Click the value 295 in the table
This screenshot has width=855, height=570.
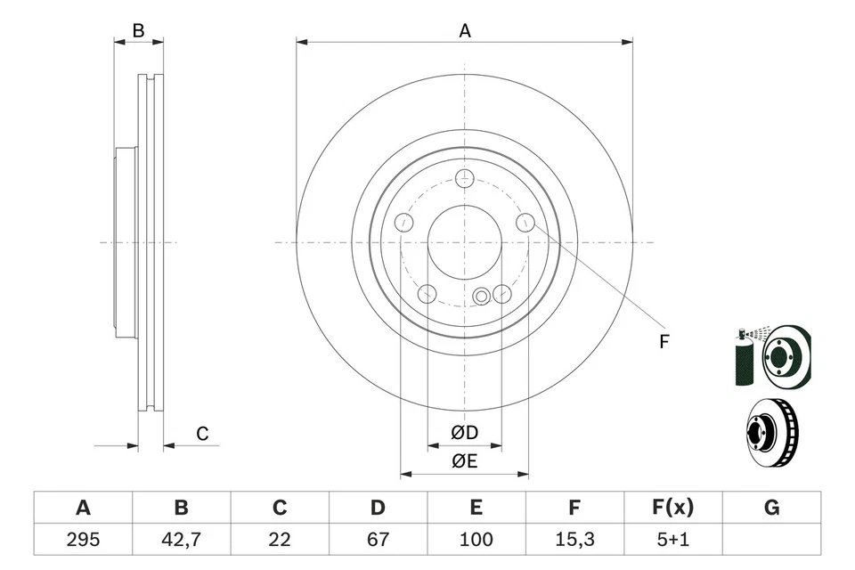(x=83, y=540)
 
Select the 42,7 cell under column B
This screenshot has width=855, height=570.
(x=181, y=540)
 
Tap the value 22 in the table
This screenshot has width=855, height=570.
(x=280, y=540)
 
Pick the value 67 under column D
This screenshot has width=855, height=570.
(x=378, y=540)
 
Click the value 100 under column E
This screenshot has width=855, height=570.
(x=476, y=540)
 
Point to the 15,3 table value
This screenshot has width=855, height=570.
(x=574, y=540)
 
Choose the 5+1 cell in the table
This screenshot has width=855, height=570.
(x=672, y=540)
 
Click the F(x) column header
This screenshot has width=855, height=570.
(x=672, y=508)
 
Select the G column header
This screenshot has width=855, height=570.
(x=771, y=508)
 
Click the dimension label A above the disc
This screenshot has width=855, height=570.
(x=464, y=30)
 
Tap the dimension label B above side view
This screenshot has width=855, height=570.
(x=138, y=30)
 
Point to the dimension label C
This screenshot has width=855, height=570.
(x=202, y=434)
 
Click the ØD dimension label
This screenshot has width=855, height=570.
(x=464, y=433)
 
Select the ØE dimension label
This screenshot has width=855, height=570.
(x=464, y=460)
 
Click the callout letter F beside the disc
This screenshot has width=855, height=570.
(x=664, y=340)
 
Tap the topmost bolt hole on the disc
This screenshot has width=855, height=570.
(x=464, y=179)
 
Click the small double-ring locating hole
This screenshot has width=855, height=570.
(x=483, y=296)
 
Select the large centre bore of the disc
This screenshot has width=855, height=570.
(x=464, y=242)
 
